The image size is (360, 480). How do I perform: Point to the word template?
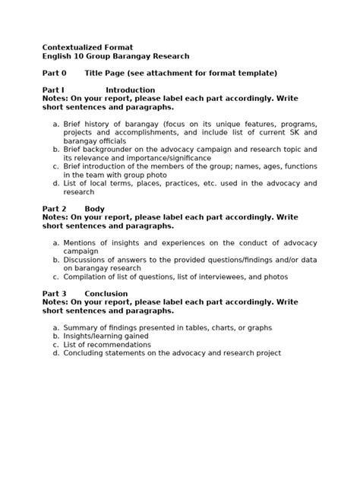click(x=254, y=74)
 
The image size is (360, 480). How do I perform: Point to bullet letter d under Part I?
click(x=55, y=183)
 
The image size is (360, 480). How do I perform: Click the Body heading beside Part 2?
click(x=95, y=208)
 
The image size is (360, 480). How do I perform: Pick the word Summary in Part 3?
click(x=82, y=327)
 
